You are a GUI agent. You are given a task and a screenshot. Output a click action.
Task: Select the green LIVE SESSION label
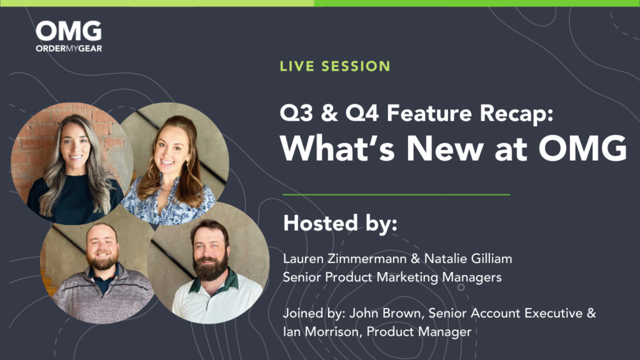(x=335, y=66)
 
